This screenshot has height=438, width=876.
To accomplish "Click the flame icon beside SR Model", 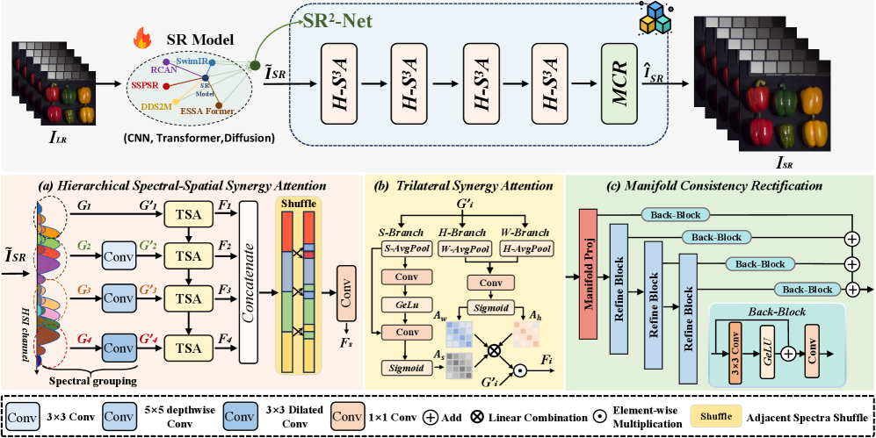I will pyautogui.click(x=139, y=39).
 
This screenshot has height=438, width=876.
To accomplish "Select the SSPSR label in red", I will pyautogui.click(x=148, y=87).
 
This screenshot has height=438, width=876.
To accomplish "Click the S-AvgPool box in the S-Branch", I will pyautogui.click(x=407, y=249).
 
